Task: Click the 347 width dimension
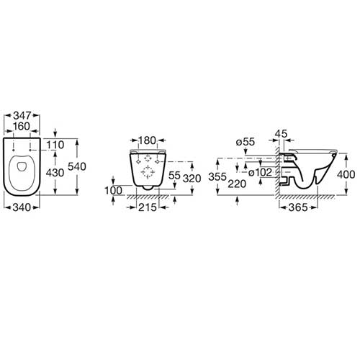tap(22, 116)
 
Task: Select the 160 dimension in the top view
tap(22, 126)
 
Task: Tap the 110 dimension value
tap(55, 145)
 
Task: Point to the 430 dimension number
tap(55, 173)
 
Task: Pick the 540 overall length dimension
tap(77, 166)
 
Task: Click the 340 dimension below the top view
tap(22, 207)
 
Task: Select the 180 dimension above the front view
tap(148, 140)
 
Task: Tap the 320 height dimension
tap(192, 179)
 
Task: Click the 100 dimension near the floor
tap(113, 191)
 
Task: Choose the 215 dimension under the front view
tap(148, 207)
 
